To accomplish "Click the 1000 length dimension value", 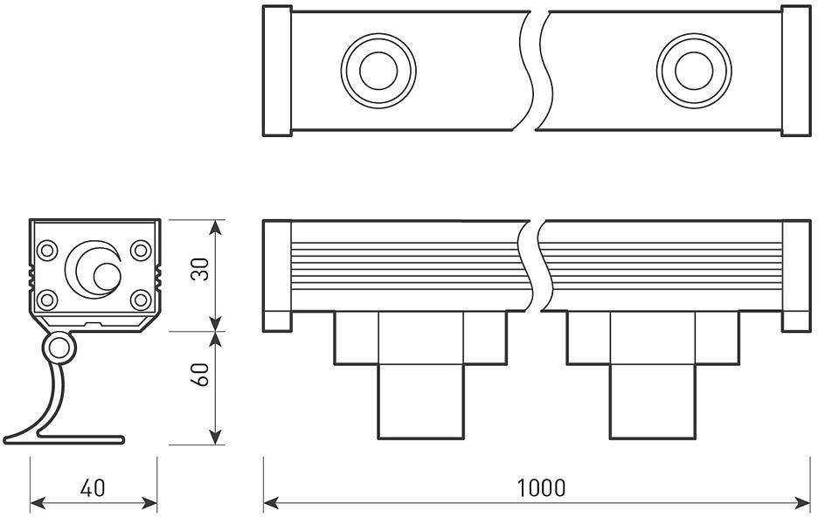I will click(x=540, y=487).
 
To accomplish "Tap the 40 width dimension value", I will click(x=93, y=487).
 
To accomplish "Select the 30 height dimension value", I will click(x=201, y=271).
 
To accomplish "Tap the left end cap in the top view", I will click(x=277, y=71).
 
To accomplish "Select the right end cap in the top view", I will click(x=796, y=71).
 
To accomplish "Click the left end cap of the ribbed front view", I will click(x=277, y=275).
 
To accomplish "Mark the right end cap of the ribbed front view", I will click(x=796, y=275).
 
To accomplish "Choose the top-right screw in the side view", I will click(x=141, y=251).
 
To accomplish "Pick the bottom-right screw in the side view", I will click(x=141, y=300).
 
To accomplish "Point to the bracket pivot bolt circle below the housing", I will click(x=59, y=348).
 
